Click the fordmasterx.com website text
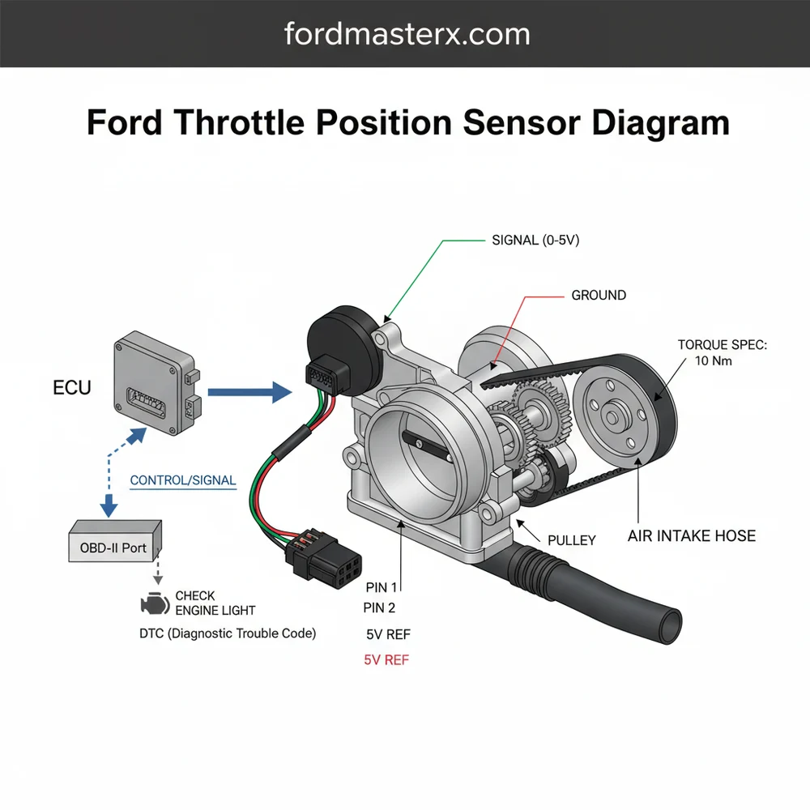tap(407, 34)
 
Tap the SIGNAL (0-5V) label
tap(535, 241)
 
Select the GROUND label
tap(599, 296)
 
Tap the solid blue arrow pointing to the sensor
tap(249, 393)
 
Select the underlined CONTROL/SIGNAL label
tap(183, 480)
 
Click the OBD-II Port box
tap(114, 547)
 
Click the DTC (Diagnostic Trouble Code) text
tap(228, 633)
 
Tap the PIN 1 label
tap(383, 586)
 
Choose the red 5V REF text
tap(387, 660)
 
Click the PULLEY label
tap(573, 539)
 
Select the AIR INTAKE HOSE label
tap(691, 536)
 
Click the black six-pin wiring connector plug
tap(312, 556)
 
